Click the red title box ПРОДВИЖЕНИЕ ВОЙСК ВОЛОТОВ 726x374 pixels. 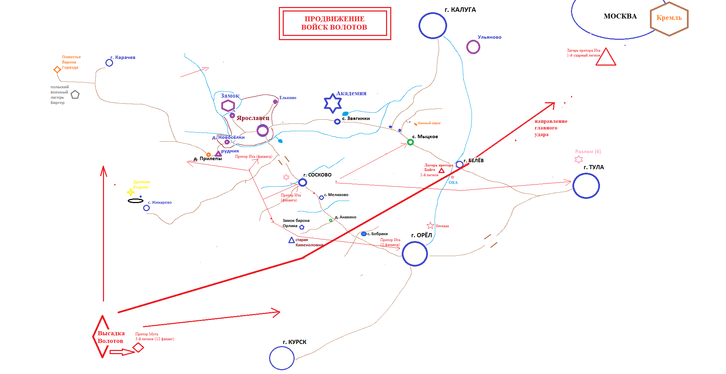(x=335, y=23)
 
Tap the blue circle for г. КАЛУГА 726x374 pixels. (x=432, y=25)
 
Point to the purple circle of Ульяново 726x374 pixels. (x=473, y=47)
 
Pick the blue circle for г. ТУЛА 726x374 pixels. (x=586, y=186)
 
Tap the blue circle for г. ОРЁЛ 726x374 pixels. (x=415, y=254)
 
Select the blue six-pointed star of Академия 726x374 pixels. (x=333, y=103)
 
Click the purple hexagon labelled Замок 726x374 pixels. (x=228, y=105)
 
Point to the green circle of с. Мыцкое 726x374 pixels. (x=410, y=142)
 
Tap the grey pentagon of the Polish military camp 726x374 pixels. (x=75, y=95)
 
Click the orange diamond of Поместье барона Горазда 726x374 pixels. (x=57, y=69)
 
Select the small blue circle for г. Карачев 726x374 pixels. (x=109, y=63)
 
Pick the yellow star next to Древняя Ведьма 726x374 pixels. (x=131, y=192)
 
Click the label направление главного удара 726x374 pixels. (x=550, y=128)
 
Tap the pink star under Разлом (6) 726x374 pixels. (x=578, y=159)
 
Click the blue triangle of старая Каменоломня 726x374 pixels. (x=291, y=240)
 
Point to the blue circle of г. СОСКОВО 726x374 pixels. (x=303, y=182)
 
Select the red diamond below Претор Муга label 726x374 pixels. (x=138, y=347)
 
